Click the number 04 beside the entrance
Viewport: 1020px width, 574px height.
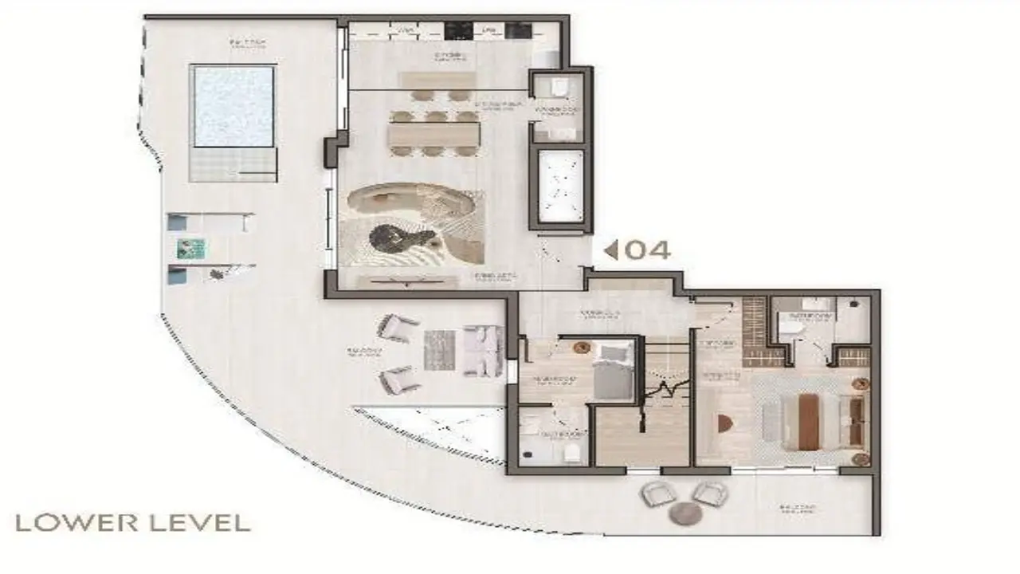tap(647, 250)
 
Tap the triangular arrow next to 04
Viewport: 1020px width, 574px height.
tap(611, 250)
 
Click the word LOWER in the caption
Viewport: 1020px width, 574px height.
tap(69, 523)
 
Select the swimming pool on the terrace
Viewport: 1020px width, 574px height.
tap(233, 106)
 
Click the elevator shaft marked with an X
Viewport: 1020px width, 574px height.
tap(561, 186)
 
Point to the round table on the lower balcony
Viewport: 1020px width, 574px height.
tap(685, 513)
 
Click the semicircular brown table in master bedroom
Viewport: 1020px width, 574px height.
tap(724, 423)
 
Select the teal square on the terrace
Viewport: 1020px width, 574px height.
tap(191, 249)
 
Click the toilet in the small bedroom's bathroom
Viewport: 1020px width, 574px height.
tap(571, 452)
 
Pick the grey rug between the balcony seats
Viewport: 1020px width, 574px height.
tap(438, 350)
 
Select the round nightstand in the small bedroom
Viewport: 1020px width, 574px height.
tap(580, 346)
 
